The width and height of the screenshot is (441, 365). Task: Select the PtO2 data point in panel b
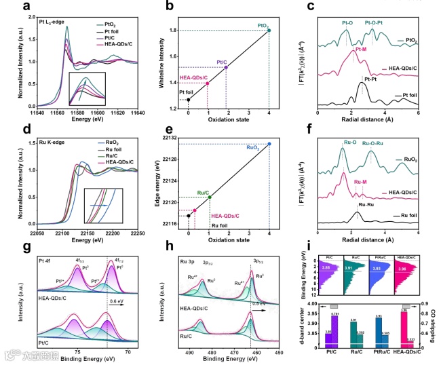[x=269, y=31]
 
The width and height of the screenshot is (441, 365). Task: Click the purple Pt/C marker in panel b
[x=226, y=67]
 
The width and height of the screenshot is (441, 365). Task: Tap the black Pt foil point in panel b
[x=188, y=100]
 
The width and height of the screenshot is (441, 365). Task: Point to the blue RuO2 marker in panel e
[x=269, y=144]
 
